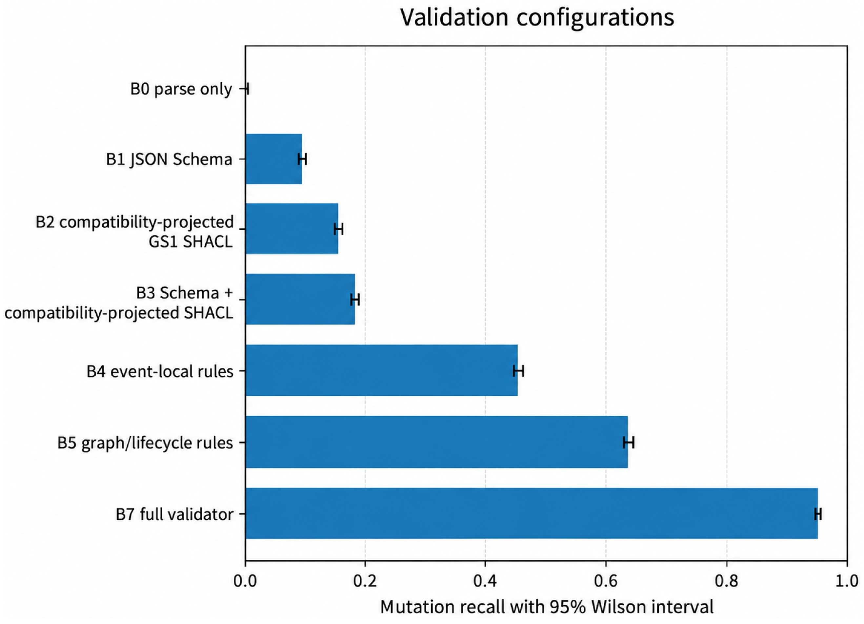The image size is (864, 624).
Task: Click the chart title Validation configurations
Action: point(537,17)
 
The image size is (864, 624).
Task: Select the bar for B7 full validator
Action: point(532,513)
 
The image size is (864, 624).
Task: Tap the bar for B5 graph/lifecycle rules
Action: point(436,442)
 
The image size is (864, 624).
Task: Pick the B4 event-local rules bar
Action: point(381,370)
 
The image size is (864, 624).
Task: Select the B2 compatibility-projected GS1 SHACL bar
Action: point(292,229)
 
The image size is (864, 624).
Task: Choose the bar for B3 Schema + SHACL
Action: point(300,299)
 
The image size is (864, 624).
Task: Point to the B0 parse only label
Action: point(181,89)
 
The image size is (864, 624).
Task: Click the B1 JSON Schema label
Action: point(169,159)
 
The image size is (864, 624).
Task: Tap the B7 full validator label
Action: point(174,514)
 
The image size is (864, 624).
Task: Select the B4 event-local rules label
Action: point(160,371)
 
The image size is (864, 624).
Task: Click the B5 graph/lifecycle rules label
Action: point(145,443)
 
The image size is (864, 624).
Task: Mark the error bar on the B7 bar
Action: point(817,514)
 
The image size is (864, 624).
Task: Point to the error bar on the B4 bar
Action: point(518,370)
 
